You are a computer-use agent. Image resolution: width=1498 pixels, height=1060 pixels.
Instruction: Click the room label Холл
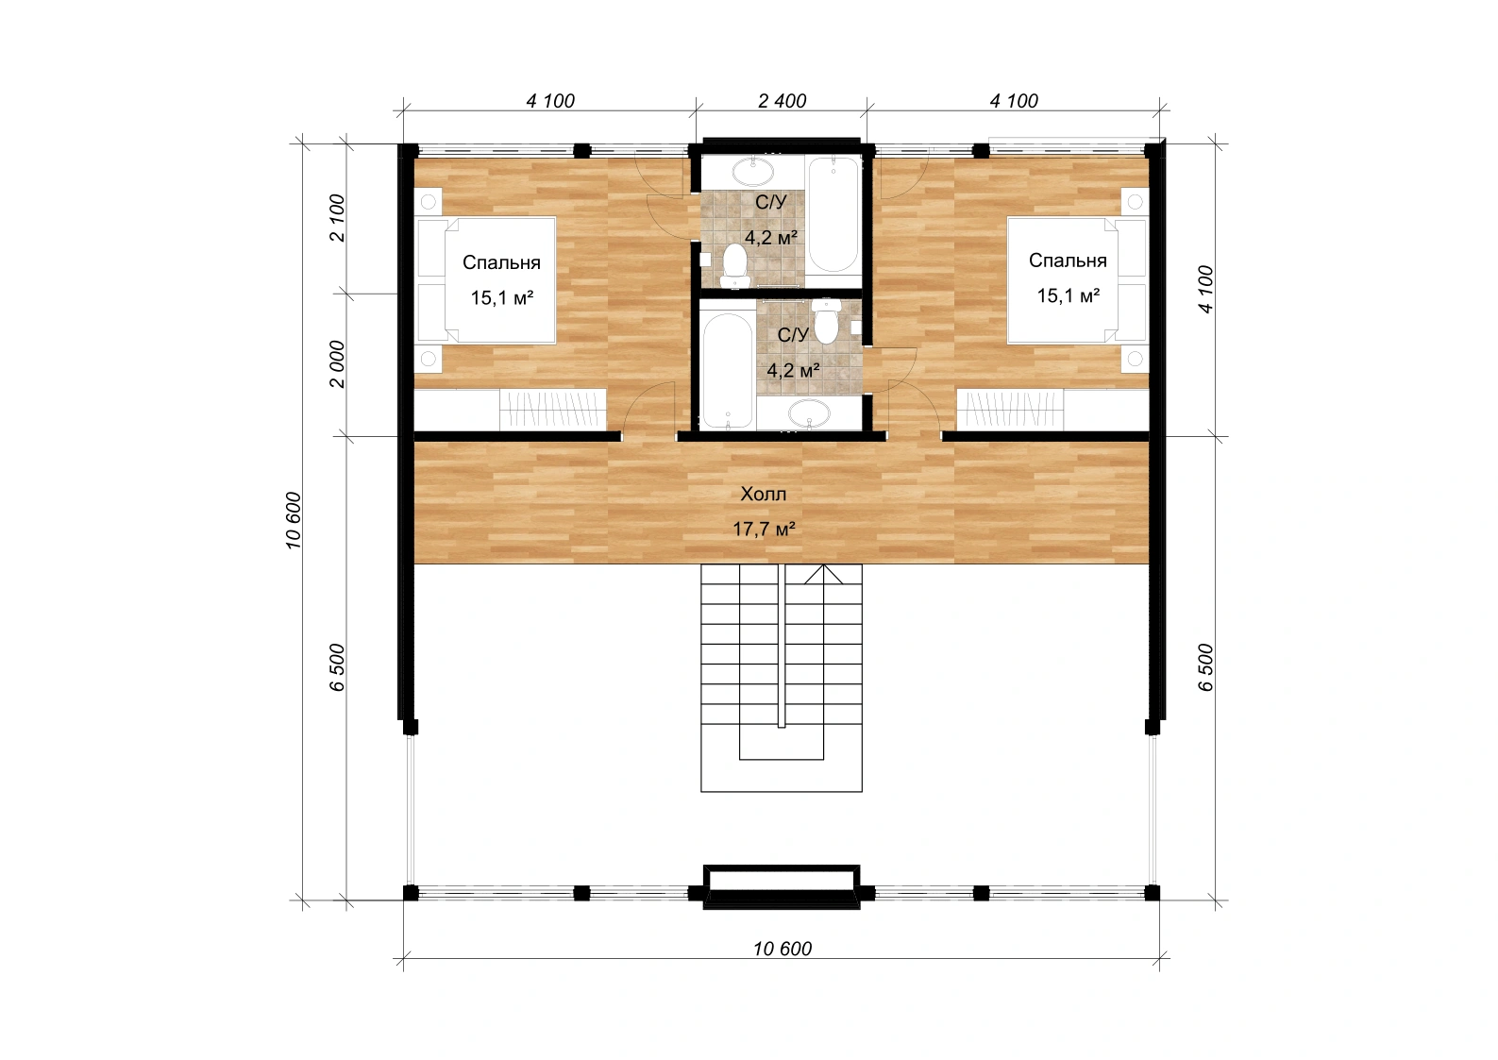(x=763, y=495)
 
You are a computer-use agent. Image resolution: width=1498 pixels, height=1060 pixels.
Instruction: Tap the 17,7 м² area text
(x=764, y=529)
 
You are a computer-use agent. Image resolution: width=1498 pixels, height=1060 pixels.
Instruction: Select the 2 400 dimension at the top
(x=782, y=101)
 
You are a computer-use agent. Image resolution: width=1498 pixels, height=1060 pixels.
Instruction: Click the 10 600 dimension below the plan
(x=783, y=949)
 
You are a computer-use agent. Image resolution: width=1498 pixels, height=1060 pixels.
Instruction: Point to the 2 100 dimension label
(x=337, y=217)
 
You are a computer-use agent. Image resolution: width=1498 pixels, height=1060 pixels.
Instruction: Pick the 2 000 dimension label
(x=337, y=363)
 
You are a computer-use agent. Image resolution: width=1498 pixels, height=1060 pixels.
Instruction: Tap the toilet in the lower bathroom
(x=827, y=321)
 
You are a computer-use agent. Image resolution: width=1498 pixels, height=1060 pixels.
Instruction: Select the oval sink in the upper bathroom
(x=753, y=172)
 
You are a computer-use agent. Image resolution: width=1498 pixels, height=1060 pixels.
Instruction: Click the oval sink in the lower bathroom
(x=809, y=413)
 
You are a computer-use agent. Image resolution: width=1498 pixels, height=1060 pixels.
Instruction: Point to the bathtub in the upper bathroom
(x=833, y=215)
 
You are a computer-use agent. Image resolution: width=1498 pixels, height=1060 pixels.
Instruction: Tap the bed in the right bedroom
(x=1077, y=279)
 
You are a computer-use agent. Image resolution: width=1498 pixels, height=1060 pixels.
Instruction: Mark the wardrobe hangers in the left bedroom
(x=553, y=409)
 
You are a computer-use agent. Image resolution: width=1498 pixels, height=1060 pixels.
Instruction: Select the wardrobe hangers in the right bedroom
(x=1011, y=410)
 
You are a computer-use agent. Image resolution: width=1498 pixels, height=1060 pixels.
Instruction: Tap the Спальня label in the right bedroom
(x=1068, y=261)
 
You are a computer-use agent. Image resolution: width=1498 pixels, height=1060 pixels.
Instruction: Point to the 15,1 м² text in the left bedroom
(x=501, y=297)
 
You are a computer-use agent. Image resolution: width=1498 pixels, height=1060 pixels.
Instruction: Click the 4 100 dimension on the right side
(x=1205, y=289)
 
